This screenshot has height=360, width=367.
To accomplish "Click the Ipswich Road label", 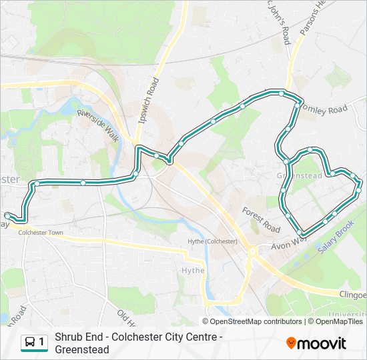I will (152, 102).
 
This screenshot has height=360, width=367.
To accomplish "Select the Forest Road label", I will (261, 218).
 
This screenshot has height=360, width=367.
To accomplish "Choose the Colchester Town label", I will (41, 233).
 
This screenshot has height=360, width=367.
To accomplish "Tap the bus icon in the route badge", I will (30, 342).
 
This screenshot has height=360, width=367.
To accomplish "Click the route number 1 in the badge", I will (42, 342).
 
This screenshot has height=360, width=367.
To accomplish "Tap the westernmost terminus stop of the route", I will (7, 215).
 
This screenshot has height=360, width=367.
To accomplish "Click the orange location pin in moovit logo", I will (291, 343).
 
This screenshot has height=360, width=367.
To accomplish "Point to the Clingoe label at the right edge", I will (351, 295).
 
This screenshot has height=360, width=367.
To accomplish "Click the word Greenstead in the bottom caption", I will (82, 349).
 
